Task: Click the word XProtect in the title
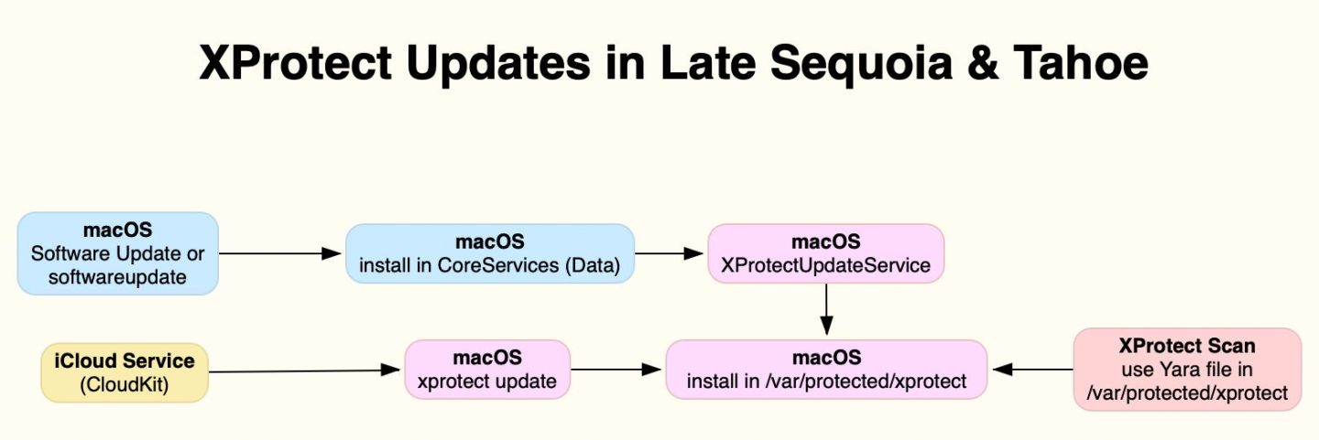pos(296,62)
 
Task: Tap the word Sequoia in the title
pos(861,63)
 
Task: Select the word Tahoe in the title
pos(1081,62)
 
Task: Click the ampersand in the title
pos(983,62)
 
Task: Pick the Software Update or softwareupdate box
pos(118,253)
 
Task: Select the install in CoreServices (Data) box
pos(490,253)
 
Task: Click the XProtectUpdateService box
pos(826,253)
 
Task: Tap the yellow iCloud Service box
pos(125,372)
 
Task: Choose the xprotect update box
pos(487,370)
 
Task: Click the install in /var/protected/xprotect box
pos(826,370)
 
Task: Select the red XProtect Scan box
pos(1187,370)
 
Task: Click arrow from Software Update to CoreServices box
pos(279,253)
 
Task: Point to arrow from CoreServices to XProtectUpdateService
pos(669,253)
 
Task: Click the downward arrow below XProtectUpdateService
pos(826,309)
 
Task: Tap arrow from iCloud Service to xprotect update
pos(304,370)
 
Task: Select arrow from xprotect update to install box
pos(616,370)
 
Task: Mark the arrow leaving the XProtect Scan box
pos(1033,370)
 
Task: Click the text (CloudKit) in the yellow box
pos(125,385)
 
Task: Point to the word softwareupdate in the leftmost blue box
pos(117,277)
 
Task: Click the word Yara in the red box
pos(1180,370)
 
